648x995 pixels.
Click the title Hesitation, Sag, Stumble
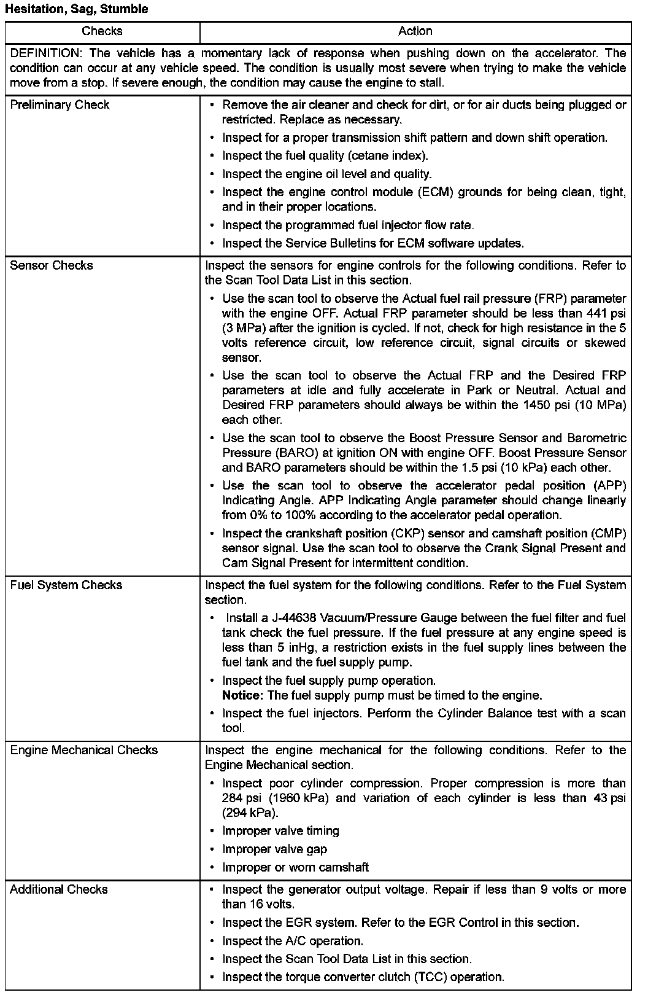[77, 9]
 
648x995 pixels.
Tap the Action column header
[415, 31]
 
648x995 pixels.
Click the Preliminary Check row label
[60, 104]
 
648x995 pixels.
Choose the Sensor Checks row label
[52, 265]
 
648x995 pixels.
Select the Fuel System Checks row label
[66, 585]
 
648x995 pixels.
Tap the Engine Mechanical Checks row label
[83, 750]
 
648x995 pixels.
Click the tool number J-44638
[288, 618]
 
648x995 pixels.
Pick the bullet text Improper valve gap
[274, 849]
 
